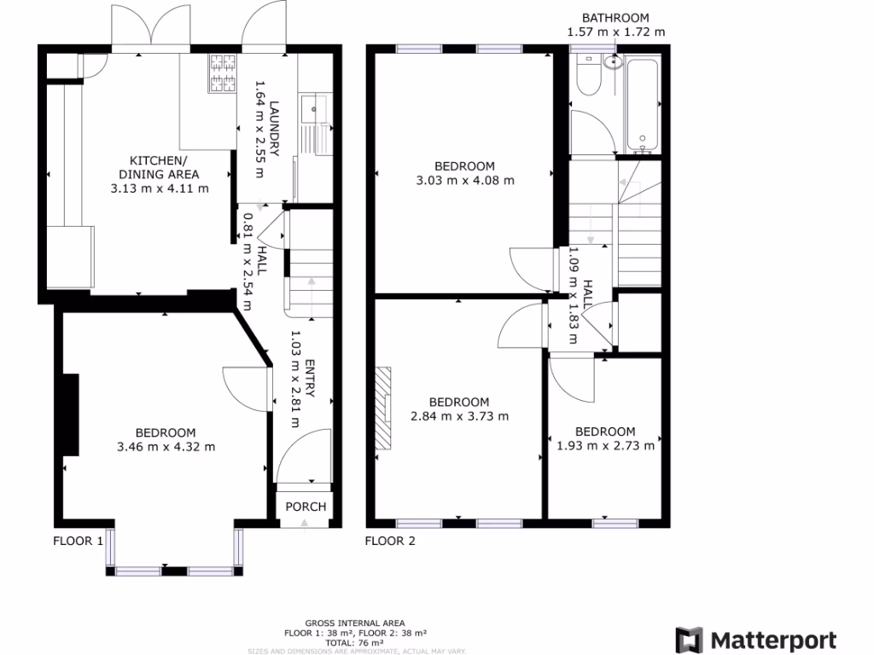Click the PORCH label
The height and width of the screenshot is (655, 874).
coord(306,507)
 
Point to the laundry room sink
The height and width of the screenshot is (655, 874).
coord(313,110)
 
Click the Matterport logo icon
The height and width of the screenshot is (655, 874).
coord(690,641)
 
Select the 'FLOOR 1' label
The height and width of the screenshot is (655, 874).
coord(79,541)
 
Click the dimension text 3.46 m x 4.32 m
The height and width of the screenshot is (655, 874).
coord(166,446)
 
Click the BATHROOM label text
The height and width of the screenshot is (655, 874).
coord(615,17)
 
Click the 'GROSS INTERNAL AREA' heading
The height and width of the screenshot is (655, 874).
coord(355,623)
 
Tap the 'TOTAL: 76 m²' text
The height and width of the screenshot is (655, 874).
coord(355,642)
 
